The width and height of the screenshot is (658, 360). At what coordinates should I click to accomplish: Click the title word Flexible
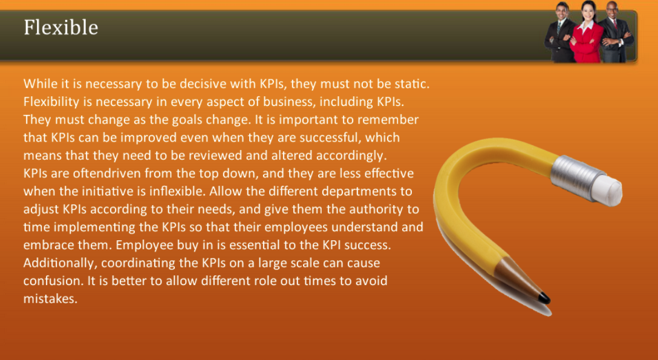[61, 28]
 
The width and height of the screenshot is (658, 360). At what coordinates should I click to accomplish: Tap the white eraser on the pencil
[606, 191]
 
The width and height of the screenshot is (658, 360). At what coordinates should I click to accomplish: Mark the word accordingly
[351, 155]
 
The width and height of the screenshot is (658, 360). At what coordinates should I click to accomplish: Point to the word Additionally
[60, 263]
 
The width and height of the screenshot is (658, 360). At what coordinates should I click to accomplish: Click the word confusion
[53, 281]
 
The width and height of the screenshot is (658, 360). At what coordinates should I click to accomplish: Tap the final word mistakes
[50, 299]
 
